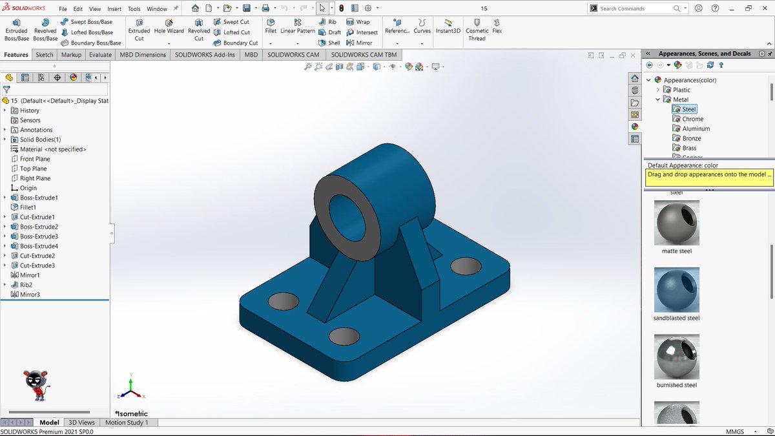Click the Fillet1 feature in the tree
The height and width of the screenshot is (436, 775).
28,207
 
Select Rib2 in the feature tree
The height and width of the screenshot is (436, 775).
26,285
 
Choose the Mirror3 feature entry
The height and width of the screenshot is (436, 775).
30,295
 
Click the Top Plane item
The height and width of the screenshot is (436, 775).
33,169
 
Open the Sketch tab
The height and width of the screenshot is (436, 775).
45,55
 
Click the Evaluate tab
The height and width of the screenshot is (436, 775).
100,55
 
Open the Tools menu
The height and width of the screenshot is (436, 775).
134,9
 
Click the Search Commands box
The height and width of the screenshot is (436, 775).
636,8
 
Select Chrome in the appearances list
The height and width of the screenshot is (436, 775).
692,119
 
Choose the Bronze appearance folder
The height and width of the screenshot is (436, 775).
692,138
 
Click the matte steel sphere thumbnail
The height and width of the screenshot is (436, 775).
676,222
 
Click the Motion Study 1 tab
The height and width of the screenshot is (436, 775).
127,422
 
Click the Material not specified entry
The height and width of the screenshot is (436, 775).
53,149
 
